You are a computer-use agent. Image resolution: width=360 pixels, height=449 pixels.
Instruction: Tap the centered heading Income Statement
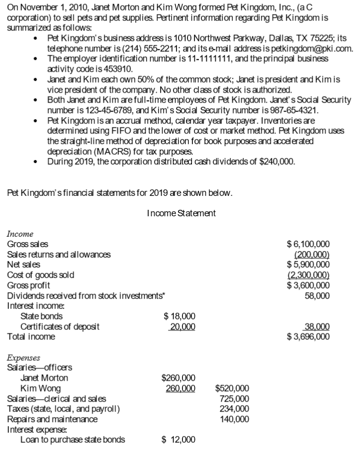click(x=181, y=214)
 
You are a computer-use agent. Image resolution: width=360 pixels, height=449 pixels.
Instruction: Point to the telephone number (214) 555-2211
click(x=145, y=48)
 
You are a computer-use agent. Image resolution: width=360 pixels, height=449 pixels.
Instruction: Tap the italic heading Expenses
click(x=24, y=357)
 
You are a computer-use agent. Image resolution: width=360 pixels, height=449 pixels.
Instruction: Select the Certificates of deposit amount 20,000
click(x=181, y=327)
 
